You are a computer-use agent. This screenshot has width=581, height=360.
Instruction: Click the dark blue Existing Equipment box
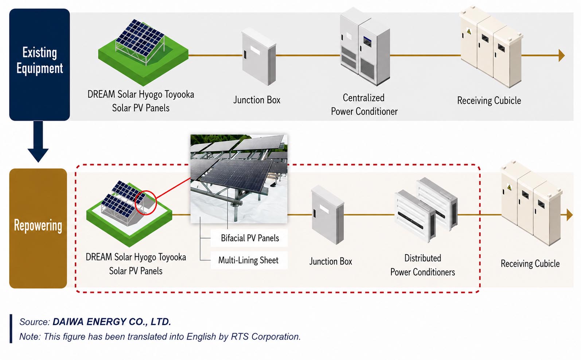tap(39, 64)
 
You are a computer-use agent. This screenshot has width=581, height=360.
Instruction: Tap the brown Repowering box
tap(38, 228)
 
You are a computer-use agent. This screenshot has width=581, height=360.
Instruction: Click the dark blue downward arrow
tap(38, 142)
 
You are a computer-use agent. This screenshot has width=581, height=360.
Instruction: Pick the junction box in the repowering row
tap(328, 215)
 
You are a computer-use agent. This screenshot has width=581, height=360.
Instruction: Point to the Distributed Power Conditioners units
tap(426, 210)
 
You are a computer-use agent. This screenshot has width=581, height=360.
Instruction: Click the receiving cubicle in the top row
tap(491, 47)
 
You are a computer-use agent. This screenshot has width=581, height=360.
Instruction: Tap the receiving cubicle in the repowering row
tap(531, 203)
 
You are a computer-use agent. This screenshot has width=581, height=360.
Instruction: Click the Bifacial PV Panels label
tap(250, 238)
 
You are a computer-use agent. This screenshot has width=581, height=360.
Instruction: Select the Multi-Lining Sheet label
tap(248, 260)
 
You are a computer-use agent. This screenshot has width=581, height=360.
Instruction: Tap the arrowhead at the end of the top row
tap(562, 55)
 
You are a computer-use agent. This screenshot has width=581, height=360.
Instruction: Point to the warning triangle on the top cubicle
tap(469, 31)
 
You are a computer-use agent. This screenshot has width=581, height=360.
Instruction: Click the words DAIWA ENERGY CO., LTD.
tap(112, 322)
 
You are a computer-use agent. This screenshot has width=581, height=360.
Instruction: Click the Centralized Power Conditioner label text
tap(364, 105)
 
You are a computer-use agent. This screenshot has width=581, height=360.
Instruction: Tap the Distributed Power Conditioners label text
tap(422, 265)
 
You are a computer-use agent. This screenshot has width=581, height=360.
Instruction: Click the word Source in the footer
tap(35, 322)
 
